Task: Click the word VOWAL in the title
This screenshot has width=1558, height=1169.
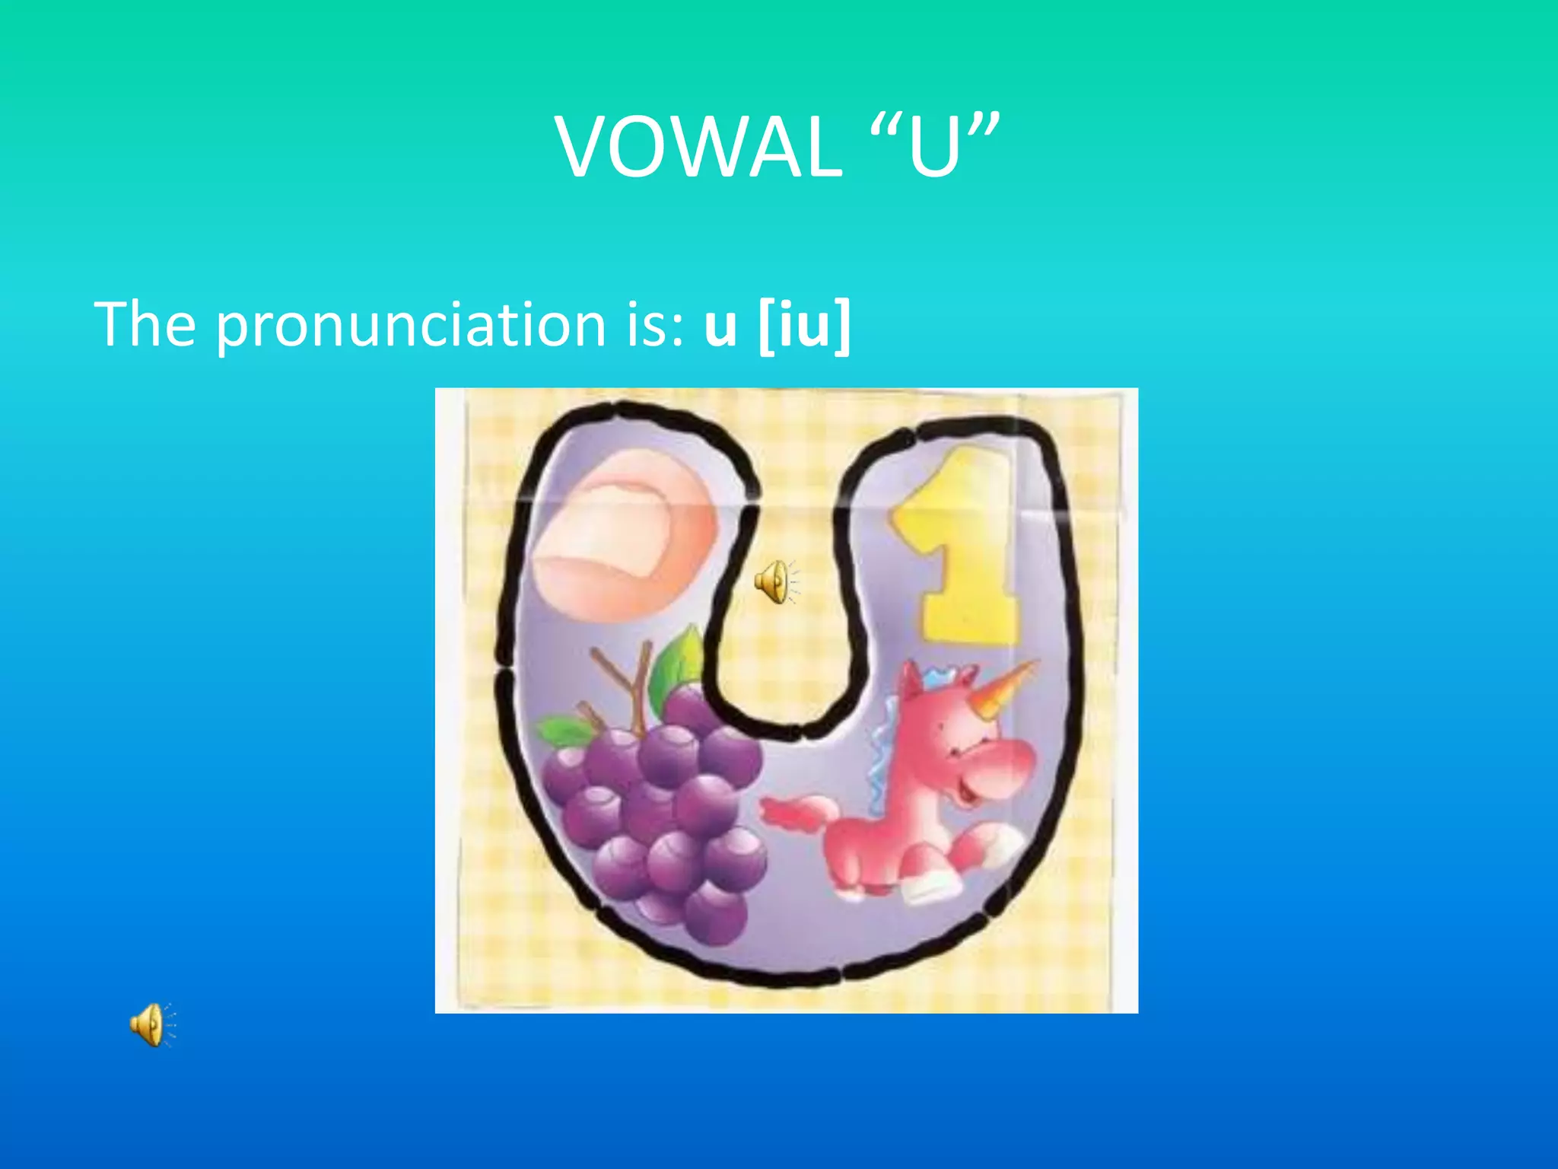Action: tap(698, 148)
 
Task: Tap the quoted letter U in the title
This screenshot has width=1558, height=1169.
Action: tap(933, 148)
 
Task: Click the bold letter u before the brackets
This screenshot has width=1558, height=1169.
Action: tap(720, 327)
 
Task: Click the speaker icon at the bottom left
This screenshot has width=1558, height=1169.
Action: tap(150, 1024)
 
